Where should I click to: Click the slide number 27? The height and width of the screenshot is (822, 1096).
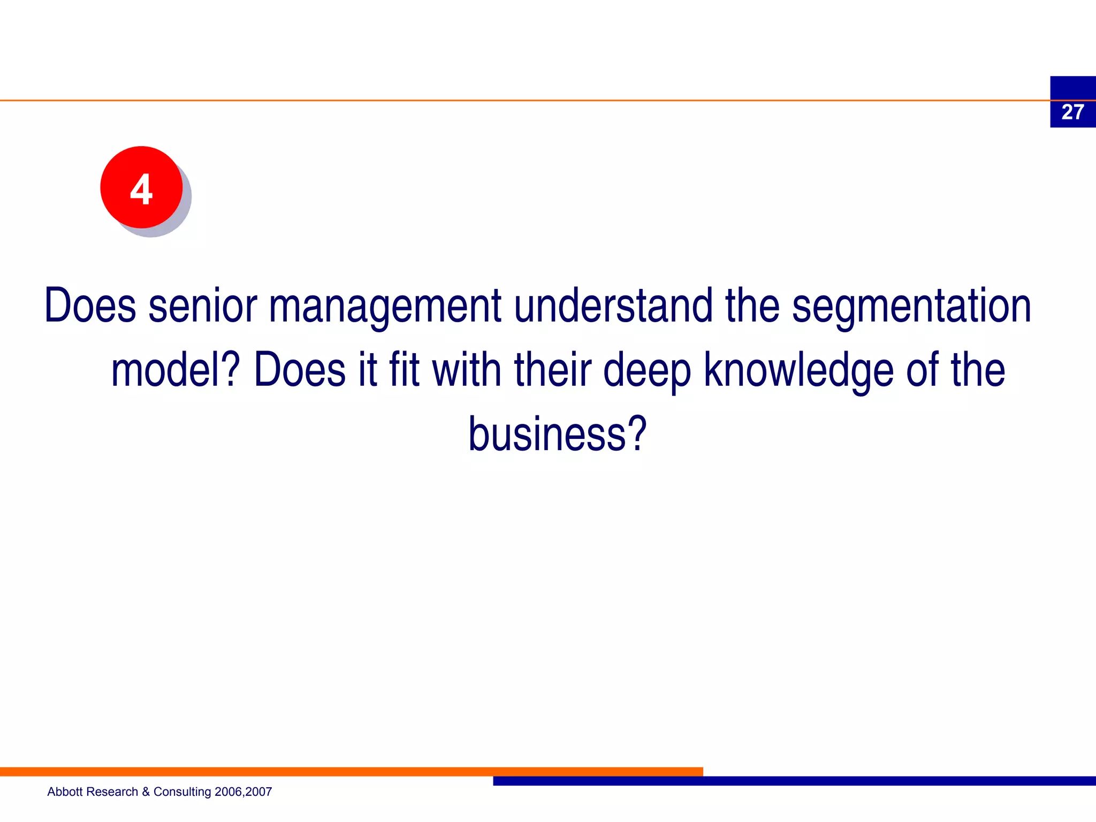point(1072,112)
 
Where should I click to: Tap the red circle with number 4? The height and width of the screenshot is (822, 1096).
point(141,188)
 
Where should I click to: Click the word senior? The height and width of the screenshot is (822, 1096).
point(203,306)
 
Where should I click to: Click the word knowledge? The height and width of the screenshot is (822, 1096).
point(798,371)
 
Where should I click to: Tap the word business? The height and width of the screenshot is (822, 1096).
point(557,434)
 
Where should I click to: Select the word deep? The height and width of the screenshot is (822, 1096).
point(647,371)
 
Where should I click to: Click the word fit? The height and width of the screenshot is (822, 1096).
point(404,370)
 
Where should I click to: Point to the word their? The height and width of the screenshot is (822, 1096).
point(552,370)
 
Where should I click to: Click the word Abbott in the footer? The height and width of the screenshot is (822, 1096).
point(65,791)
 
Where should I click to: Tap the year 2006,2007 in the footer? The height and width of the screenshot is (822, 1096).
point(243,792)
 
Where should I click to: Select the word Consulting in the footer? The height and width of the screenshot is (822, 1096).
point(182,792)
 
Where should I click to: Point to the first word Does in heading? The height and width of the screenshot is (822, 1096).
point(89,306)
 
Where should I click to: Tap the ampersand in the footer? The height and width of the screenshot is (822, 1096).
point(146,792)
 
